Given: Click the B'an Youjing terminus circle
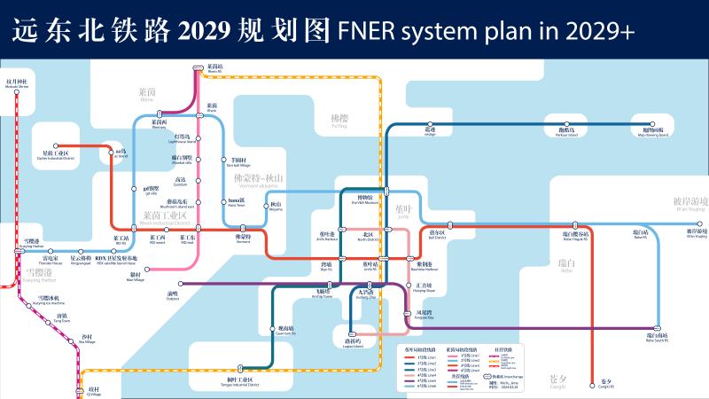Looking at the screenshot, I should coord(696,225).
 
